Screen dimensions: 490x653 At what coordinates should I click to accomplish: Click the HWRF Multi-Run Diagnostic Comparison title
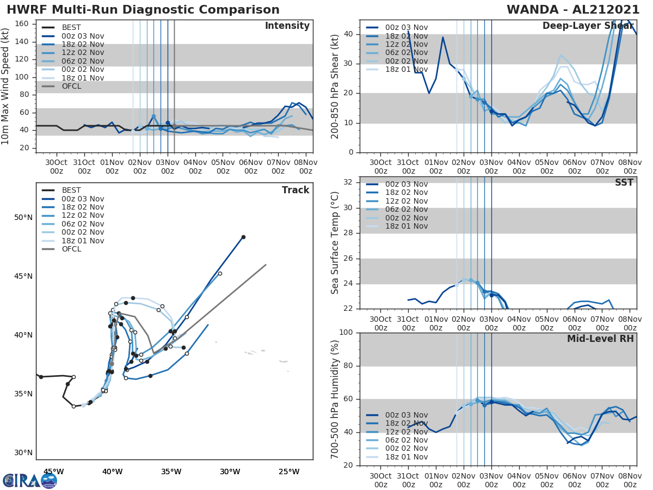[x=143, y=10]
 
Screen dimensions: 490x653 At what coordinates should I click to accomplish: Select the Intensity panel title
[x=287, y=26]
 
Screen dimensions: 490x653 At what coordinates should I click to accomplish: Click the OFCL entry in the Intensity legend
[x=71, y=86]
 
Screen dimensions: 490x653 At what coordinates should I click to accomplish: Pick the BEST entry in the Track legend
[x=71, y=191]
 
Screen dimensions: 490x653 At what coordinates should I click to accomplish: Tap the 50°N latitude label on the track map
[x=23, y=218]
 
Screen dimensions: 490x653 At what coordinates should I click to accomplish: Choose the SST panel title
[x=624, y=182]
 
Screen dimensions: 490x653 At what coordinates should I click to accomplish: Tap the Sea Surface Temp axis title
[x=335, y=242]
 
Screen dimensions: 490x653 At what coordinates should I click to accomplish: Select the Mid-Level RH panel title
[x=600, y=339]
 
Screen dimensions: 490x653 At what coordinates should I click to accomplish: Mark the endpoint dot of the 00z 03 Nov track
[x=243, y=237]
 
